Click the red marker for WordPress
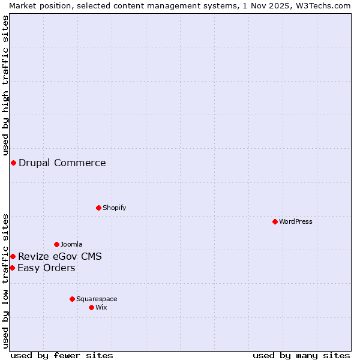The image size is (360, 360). click(x=275, y=221)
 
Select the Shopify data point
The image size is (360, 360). click(x=98, y=208)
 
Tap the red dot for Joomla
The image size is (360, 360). click(x=56, y=244)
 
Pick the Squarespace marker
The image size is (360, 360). click(x=72, y=299)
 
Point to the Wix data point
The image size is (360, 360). click(x=91, y=307)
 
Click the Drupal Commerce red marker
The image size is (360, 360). click(x=13, y=163)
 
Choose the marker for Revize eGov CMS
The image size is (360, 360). click(x=13, y=257)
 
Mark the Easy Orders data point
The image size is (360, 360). click(x=12, y=268)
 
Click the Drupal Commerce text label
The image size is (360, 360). click(x=62, y=163)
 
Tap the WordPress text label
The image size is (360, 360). click(x=296, y=221)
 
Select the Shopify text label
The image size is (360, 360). click(x=114, y=208)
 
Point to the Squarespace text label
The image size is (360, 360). click(x=97, y=299)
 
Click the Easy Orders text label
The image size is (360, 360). click(x=46, y=268)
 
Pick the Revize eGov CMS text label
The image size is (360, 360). click(x=60, y=257)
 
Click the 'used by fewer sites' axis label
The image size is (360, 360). click(x=62, y=355)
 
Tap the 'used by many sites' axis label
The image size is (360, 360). click(x=301, y=355)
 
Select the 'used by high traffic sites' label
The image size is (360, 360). click(x=5, y=85)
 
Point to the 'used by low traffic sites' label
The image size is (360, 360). click(x=5, y=281)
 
